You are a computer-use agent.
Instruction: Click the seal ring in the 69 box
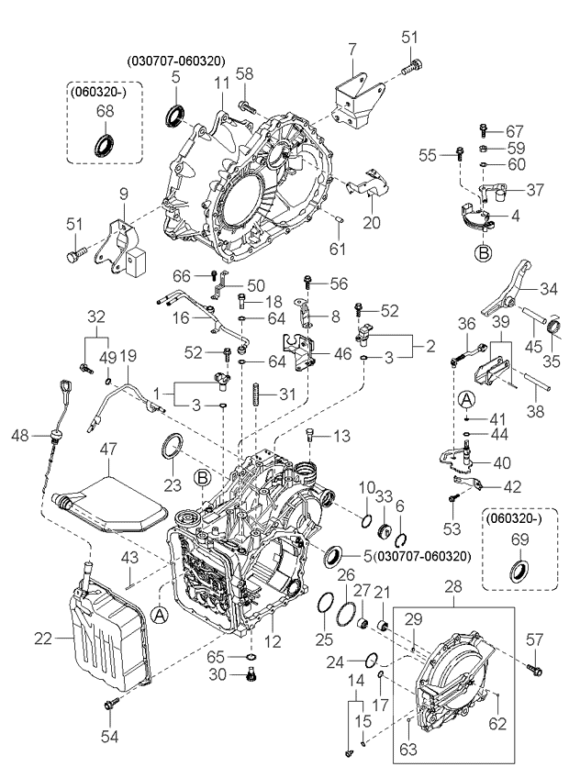pyautogui.click(x=519, y=569)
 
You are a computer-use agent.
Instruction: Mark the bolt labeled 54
pyautogui.click(x=111, y=703)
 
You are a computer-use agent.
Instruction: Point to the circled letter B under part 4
pyautogui.click(x=482, y=249)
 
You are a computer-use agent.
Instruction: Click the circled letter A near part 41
pyautogui.click(x=466, y=399)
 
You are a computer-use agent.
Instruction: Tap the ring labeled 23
pyautogui.click(x=172, y=449)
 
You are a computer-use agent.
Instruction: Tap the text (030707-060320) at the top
pyautogui.click(x=175, y=61)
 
